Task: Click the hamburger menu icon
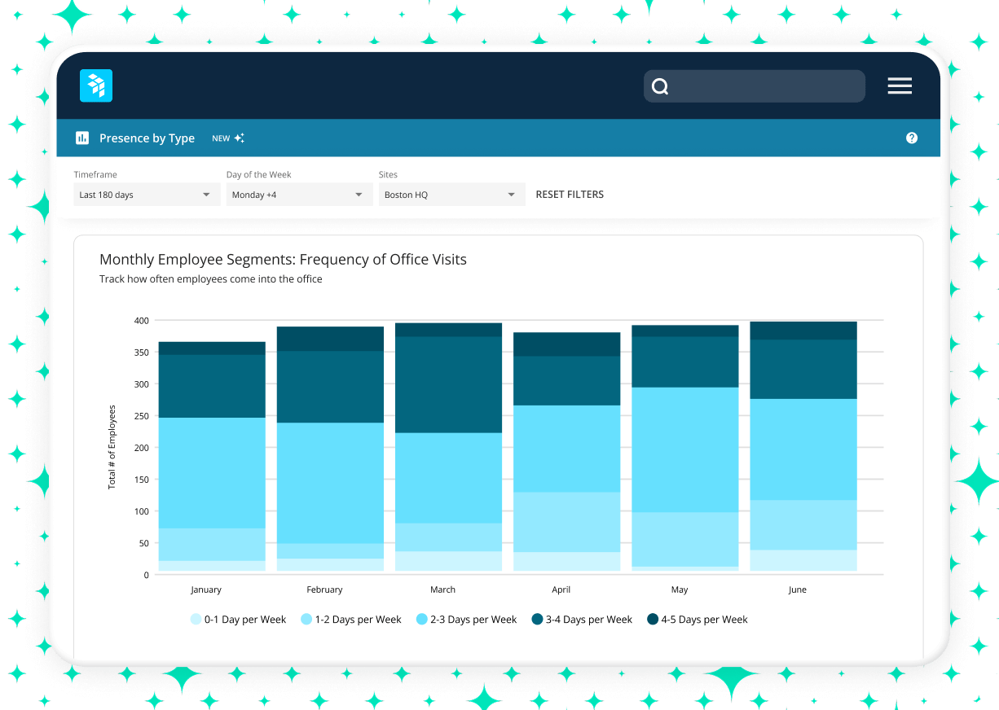click(x=900, y=86)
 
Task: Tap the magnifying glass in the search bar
click(x=661, y=87)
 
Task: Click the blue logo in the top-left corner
click(x=96, y=85)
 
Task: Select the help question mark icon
click(x=912, y=138)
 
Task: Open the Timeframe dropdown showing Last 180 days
click(x=146, y=195)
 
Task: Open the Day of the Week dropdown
click(x=298, y=195)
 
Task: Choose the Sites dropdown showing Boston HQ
click(x=451, y=195)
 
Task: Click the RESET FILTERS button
click(x=570, y=195)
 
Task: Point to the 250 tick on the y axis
click(x=141, y=416)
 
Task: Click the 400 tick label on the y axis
click(x=141, y=321)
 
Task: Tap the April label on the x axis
click(x=561, y=589)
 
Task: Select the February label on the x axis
click(x=324, y=589)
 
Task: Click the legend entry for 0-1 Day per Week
click(x=238, y=620)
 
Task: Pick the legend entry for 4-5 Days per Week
click(x=697, y=620)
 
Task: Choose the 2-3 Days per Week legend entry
click(x=467, y=620)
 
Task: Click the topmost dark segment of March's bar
click(x=448, y=330)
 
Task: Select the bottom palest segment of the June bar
click(x=803, y=560)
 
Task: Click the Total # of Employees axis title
click(x=112, y=447)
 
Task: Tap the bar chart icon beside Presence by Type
click(x=82, y=138)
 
